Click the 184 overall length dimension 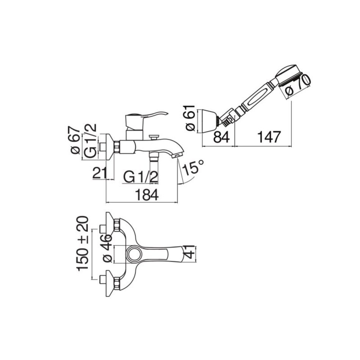[147, 195]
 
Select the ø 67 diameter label [75, 140]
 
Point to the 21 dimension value [100, 173]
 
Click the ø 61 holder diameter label [190, 118]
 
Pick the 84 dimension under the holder [221, 137]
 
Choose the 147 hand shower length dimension [269, 137]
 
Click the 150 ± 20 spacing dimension [83, 244]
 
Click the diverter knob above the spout [153, 137]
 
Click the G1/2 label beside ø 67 [91, 141]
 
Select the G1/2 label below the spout [141, 177]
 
